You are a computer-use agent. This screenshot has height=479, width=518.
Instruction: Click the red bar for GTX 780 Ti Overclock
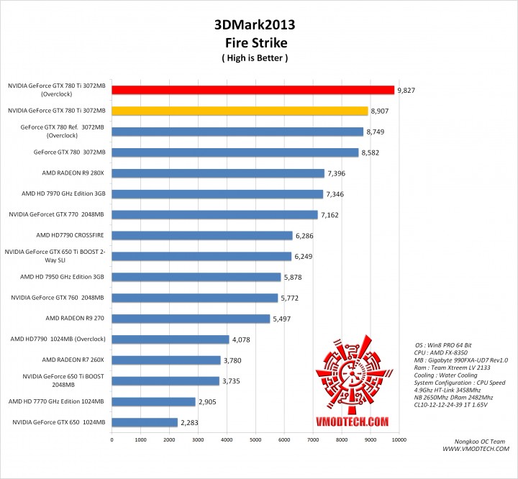point(253,90)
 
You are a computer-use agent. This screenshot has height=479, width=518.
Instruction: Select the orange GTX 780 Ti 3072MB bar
point(240,111)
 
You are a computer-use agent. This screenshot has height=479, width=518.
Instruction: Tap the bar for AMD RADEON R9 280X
point(218,173)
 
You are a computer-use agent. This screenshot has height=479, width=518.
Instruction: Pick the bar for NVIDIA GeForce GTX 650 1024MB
point(144,422)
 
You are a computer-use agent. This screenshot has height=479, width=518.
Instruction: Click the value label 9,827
point(408,91)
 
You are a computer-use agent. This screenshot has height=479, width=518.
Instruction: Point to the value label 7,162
point(332,215)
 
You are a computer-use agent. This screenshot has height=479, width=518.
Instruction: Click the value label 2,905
point(209,402)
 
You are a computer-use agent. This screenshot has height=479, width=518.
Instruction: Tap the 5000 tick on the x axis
point(255,439)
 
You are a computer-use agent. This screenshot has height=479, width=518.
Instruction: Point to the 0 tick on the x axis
point(112,439)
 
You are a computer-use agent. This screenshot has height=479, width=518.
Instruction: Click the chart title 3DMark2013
point(255,24)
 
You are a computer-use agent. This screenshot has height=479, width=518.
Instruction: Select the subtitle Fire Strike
point(255,42)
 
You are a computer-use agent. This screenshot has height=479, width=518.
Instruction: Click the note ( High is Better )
point(255,58)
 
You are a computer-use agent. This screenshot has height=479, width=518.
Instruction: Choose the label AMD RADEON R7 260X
point(74,360)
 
